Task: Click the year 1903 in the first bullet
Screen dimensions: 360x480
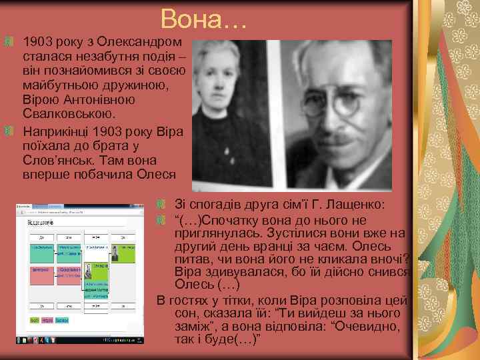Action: click(37, 43)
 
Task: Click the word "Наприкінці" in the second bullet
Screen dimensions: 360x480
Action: click(55, 131)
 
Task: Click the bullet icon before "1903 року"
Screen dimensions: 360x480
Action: click(8, 43)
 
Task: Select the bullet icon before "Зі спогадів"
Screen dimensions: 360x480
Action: click(161, 203)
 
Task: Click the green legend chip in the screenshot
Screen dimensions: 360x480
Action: click(34, 320)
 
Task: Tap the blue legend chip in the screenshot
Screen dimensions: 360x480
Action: click(62, 320)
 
